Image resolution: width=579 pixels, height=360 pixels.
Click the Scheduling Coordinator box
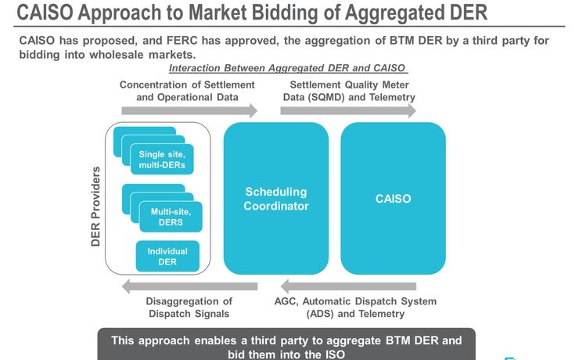pos(275,199)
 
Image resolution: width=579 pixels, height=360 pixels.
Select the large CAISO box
pos(393,199)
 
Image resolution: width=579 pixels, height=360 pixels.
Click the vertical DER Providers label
pos(96,206)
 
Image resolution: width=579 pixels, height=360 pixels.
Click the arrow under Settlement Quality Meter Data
pos(348,112)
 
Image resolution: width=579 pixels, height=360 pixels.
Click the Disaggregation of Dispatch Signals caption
pos(189,308)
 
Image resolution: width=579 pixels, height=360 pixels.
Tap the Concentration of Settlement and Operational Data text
pos(187,91)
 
